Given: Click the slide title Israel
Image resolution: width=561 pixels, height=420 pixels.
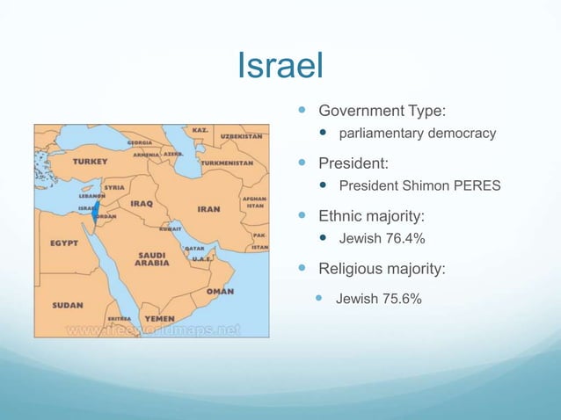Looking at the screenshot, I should click(x=280, y=65).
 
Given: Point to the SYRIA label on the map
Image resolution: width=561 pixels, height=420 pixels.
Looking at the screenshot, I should click(x=113, y=187).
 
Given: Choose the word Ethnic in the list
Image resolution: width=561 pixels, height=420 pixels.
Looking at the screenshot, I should click(x=339, y=214).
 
